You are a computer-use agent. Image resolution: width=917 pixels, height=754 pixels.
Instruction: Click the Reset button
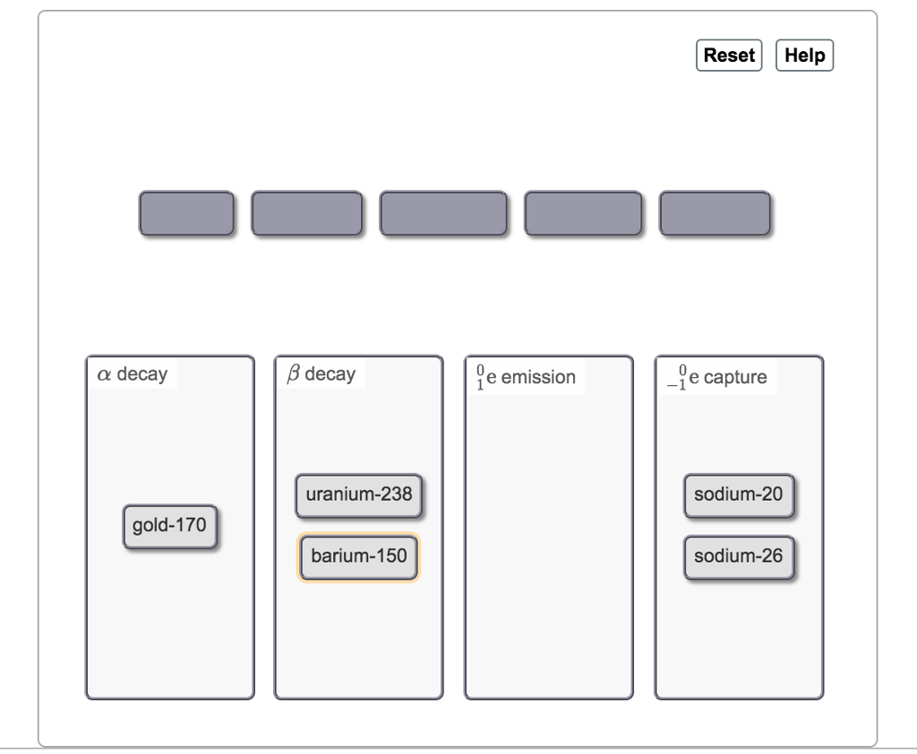pos(729,55)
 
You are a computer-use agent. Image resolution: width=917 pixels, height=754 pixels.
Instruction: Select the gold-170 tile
pos(169,526)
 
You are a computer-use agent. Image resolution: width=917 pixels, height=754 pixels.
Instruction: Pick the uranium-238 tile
pos(358,495)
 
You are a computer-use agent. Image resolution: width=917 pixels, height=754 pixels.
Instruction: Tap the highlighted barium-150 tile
pos(358,557)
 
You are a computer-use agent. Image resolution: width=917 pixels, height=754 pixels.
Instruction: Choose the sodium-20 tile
pos(739,495)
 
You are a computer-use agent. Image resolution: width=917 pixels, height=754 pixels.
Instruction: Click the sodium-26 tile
pos(739,557)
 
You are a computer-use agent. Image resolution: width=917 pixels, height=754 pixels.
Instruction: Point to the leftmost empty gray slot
pos(185,213)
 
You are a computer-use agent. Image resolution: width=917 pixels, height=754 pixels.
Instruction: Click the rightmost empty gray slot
pos(715,213)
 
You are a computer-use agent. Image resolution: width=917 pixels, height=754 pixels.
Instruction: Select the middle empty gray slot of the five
pos(443,213)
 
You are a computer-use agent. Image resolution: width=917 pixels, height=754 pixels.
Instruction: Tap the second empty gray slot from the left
pos(307,213)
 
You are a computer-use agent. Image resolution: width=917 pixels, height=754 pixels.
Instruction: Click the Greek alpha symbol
pos(105,374)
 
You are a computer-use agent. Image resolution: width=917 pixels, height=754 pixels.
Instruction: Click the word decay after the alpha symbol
pos(142,374)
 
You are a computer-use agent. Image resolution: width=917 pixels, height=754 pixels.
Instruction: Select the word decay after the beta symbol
pos(330,374)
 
